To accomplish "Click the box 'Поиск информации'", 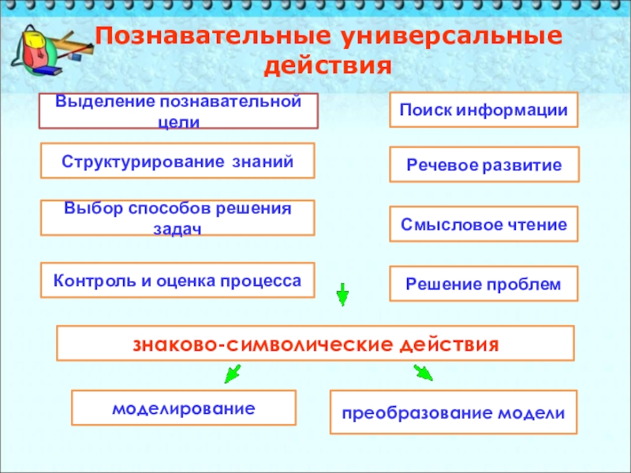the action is point(484,110).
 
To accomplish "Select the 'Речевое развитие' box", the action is point(484,165).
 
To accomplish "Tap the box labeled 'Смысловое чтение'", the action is point(484,224).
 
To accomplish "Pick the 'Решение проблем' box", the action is point(484,283).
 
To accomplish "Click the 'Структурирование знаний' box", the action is point(177,161).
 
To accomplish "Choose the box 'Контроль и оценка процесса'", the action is point(177,281).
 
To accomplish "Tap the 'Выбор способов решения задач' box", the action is point(177,218).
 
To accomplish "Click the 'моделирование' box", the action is point(184,408).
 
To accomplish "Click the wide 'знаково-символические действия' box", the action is point(315,345).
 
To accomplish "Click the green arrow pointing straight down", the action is point(342,294).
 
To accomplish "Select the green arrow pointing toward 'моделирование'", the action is point(231,374).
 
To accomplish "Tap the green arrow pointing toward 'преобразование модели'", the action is point(424,372).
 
